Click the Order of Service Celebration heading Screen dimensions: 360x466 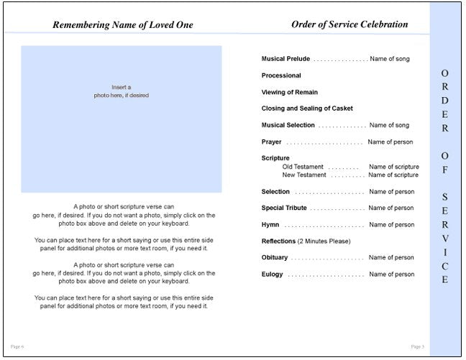point(349,24)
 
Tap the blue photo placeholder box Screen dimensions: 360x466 point(122,119)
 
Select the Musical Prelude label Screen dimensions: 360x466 point(285,59)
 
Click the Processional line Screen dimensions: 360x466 point(281,75)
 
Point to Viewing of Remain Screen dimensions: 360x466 point(289,92)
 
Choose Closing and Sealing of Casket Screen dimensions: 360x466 point(307,109)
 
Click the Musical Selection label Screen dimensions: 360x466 point(288,125)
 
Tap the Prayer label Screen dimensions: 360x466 point(272,142)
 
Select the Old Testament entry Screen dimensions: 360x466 point(303,167)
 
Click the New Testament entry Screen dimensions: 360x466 point(304,175)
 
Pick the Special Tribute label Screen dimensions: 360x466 point(284,208)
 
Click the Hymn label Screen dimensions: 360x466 point(270,225)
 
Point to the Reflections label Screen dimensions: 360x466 point(278,241)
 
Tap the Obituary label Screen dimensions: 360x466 point(275,258)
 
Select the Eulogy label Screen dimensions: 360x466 point(273,274)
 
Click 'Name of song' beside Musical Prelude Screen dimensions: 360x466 point(390,59)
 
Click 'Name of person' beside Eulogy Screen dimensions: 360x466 point(392,274)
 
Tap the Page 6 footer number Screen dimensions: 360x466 point(18,347)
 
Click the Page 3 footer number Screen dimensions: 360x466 point(418,347)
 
